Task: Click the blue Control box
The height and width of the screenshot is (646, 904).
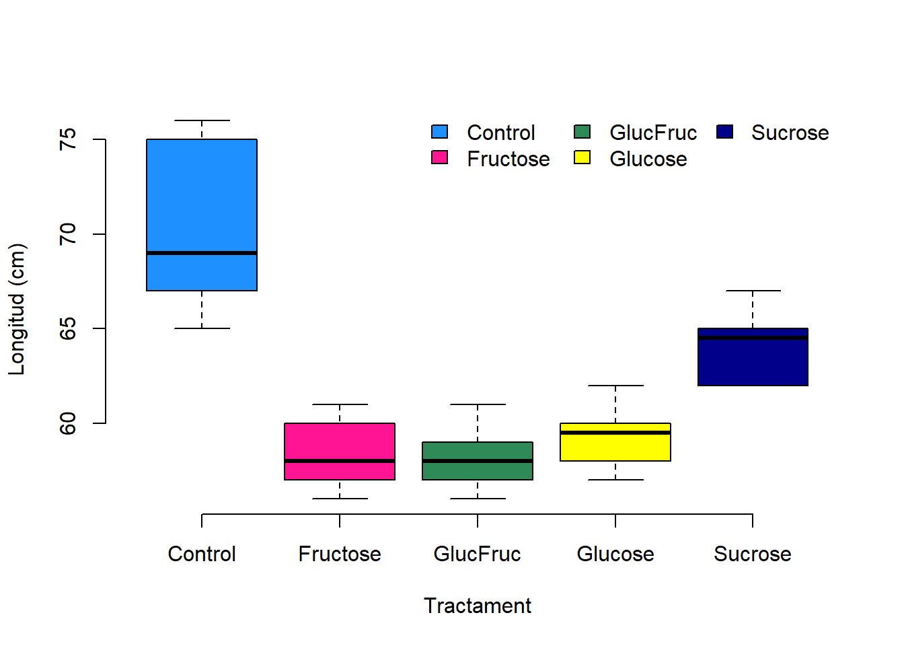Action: coord(202,202)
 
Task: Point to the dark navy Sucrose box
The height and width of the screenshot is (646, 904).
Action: coord(753,363)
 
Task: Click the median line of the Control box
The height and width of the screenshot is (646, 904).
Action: coord(202,253)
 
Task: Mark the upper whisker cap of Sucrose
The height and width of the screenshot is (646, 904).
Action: coord(753,291)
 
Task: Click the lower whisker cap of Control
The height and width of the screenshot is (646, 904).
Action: coord(202,328)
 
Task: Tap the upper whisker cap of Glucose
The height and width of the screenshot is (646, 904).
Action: coord(615,386)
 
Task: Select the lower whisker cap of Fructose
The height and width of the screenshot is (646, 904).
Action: coord(340,499)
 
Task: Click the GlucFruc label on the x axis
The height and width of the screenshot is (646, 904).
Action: coord(478,554)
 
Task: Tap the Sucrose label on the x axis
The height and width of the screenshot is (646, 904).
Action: coord(753,554)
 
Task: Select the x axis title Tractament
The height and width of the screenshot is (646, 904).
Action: coord(478,606)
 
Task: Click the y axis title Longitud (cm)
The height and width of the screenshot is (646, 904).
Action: coord(17,310)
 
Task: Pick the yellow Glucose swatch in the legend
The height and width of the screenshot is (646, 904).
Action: coord(582,157)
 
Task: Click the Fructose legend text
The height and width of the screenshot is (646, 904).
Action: coord(509,159)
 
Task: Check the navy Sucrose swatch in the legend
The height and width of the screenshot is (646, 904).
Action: coord(724,131)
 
